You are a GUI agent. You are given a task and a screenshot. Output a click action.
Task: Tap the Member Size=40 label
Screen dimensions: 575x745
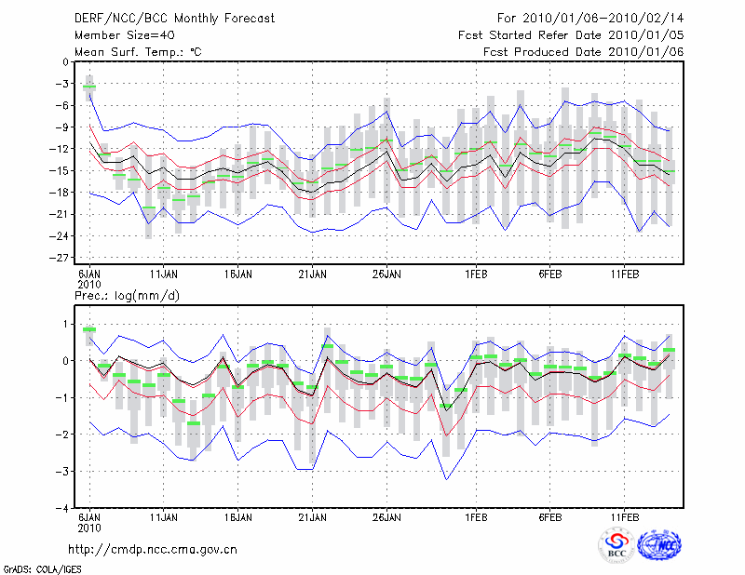click(117, 34)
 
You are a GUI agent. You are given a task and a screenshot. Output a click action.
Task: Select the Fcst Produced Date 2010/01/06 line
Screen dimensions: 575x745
click(584, 51)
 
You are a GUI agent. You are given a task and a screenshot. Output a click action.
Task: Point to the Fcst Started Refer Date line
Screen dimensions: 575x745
click(572, 34)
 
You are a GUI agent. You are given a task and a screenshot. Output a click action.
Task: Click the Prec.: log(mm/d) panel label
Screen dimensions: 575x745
click(127, 295)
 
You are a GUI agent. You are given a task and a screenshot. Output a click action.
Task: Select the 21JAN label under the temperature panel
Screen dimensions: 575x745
click(312, 275)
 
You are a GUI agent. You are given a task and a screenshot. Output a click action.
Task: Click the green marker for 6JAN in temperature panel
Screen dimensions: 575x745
click(89, 87)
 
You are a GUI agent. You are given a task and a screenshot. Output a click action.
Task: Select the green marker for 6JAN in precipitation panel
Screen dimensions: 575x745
click(89, 329)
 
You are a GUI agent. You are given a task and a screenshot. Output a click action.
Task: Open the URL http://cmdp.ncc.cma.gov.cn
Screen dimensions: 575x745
click(153, 549)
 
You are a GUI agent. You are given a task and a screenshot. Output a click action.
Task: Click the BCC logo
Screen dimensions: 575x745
click(616, 546)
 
